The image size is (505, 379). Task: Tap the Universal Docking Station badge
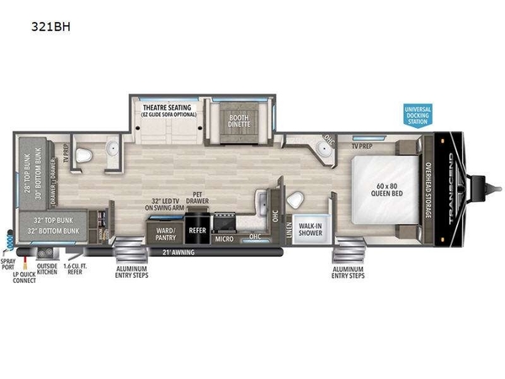[x=417, y=115]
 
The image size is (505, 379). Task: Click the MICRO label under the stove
[x=223, y=238]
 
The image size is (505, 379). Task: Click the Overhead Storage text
[x=428, y=186]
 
